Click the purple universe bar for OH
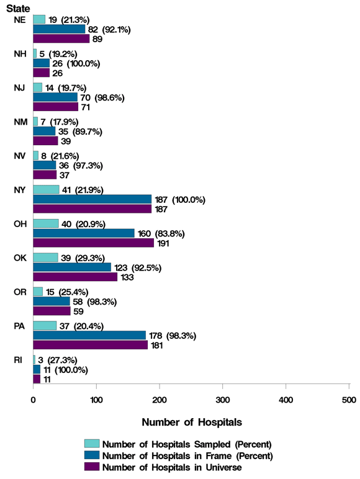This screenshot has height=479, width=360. pos(76,243)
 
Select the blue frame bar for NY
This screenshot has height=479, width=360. pos(92,199)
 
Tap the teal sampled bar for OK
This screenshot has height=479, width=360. pos(45,257)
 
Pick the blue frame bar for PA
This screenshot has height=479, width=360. pos(89,335)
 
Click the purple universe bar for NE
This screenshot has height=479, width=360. pos(61,39)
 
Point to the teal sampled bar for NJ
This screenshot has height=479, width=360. pos(37,87)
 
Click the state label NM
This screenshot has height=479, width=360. pos(19,122)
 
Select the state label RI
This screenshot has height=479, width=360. pos(19,360)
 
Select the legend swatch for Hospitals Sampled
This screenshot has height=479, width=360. pos(92,444)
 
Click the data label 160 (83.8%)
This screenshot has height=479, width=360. pos(161,233)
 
